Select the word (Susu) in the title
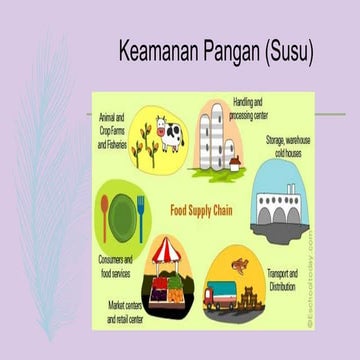[284, 51]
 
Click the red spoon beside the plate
[105, 216]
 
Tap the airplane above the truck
[239, 264]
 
